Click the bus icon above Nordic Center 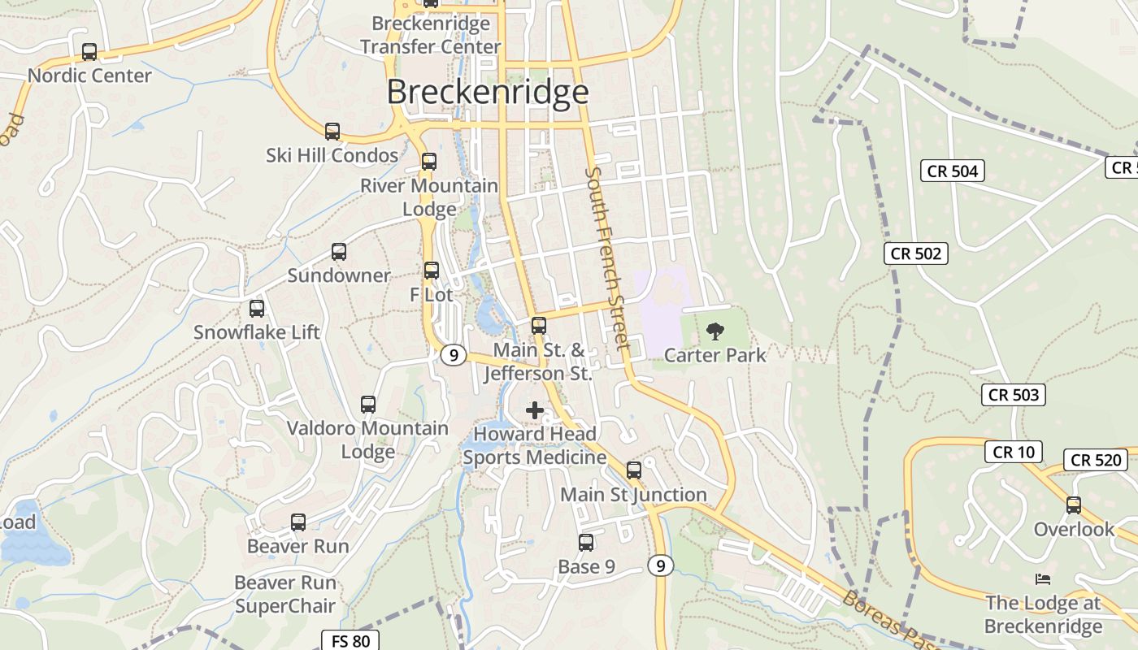[x=89, y=52]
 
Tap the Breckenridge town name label [x=487, y=92]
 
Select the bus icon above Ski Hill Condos [x=332, y=132]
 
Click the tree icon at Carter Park [x=715, y=331]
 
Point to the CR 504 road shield [x=953, y=171]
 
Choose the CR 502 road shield [x=916, y=253]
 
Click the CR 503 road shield [x=1014, y=396]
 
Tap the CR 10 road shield [x=1014, y=452]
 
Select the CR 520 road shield [x=1096, y=460]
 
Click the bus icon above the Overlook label [x=1074, y=505]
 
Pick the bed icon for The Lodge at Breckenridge [x=1043, y=579]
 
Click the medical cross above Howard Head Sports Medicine [x=535, y=410]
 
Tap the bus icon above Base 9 [x=586, y=543]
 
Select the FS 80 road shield [x=350, y=641]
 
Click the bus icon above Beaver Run [x=298, y=522]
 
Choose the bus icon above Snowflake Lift [x=257, y=309]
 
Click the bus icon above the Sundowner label [x=339, y=252]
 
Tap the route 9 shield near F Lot [x=454, y=355]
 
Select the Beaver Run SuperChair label [x=285, y=594]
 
